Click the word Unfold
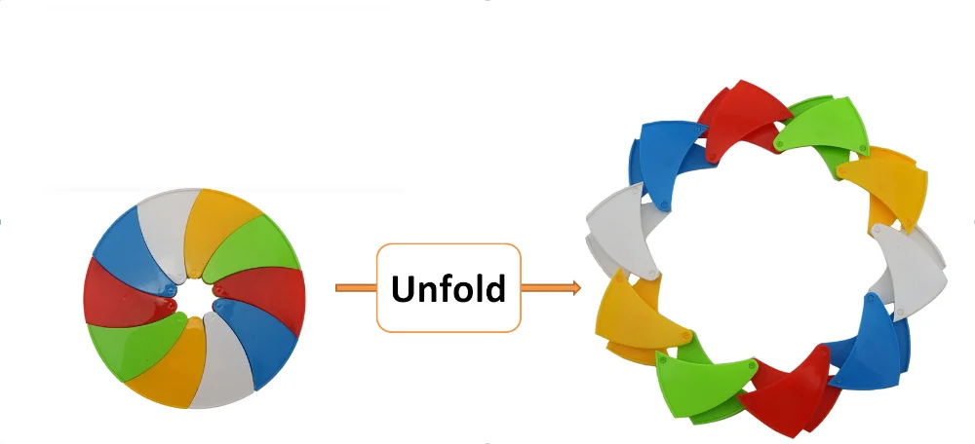448,288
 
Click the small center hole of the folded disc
194,297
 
